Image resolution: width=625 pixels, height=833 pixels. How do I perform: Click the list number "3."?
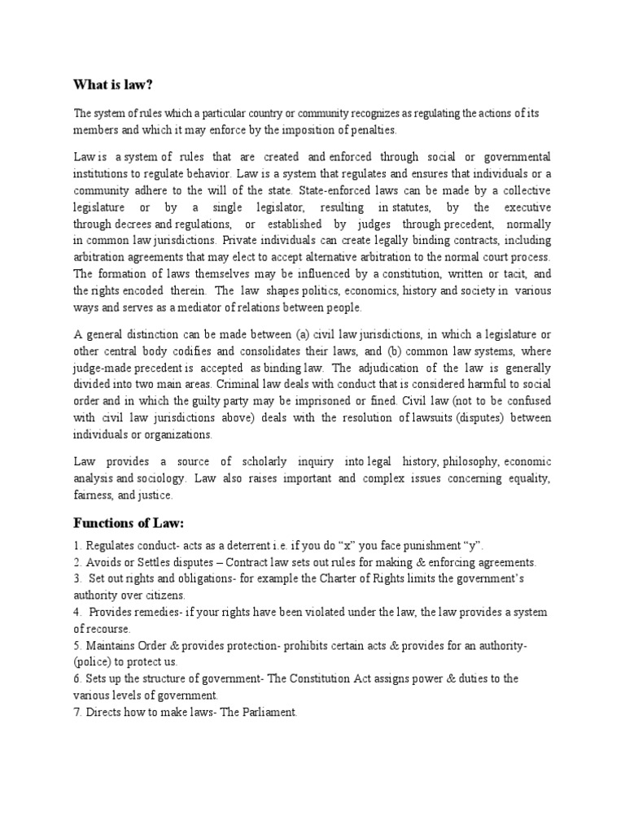pyautogui.click(x=79, y=579)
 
